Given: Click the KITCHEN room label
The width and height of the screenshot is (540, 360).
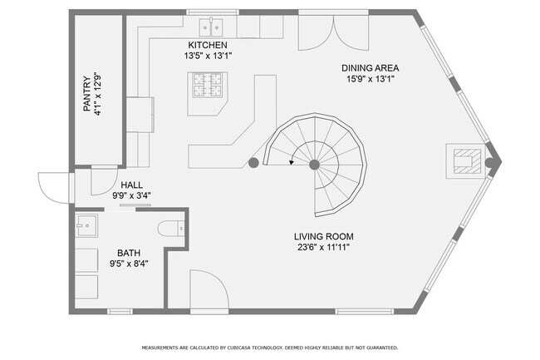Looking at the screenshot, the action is pyautogui.click(x=208, y=45).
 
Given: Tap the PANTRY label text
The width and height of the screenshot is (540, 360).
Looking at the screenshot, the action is pyautogui.click(x=87, y=94).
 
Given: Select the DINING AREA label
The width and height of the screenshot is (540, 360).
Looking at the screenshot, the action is pyautogui.click(x=371, y=68).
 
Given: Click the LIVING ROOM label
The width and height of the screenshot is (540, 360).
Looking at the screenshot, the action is pyautogui.click(x=324, y=237).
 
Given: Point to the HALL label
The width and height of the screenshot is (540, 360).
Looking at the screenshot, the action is pyautogui.click(x=131, y=185).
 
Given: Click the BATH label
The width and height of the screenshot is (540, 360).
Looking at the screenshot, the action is pyautogui.click(x=129, y=254).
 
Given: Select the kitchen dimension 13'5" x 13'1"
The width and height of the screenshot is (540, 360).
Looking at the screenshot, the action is pyautogui.click(x=208, y=56).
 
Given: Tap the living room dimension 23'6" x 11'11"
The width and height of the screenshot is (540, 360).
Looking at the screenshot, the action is pyautogui.click(x=324, y=248).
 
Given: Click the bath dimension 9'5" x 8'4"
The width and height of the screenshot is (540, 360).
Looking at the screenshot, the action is pyautogui.click(x=129, y=264).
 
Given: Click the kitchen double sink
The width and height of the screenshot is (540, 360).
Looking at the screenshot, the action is pyautogui.click(x=211, y=27).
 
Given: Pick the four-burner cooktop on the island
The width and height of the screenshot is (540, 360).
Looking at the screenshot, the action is pyautogui.click(x=208, y=85).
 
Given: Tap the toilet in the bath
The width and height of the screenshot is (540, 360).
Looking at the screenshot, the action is pyautogui.click(x=171, y=229).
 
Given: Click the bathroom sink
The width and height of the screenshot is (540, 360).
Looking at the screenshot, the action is pyautogui.click(x=86, y=225).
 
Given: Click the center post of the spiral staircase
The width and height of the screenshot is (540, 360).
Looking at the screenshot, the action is pyautogui.click(x=314, y=165).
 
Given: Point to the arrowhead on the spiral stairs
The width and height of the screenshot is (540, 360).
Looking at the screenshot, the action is pyautogui.click(x=292, y=162).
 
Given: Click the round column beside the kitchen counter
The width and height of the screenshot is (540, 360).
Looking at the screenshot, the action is pyautogui.click(x=253, y=163).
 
